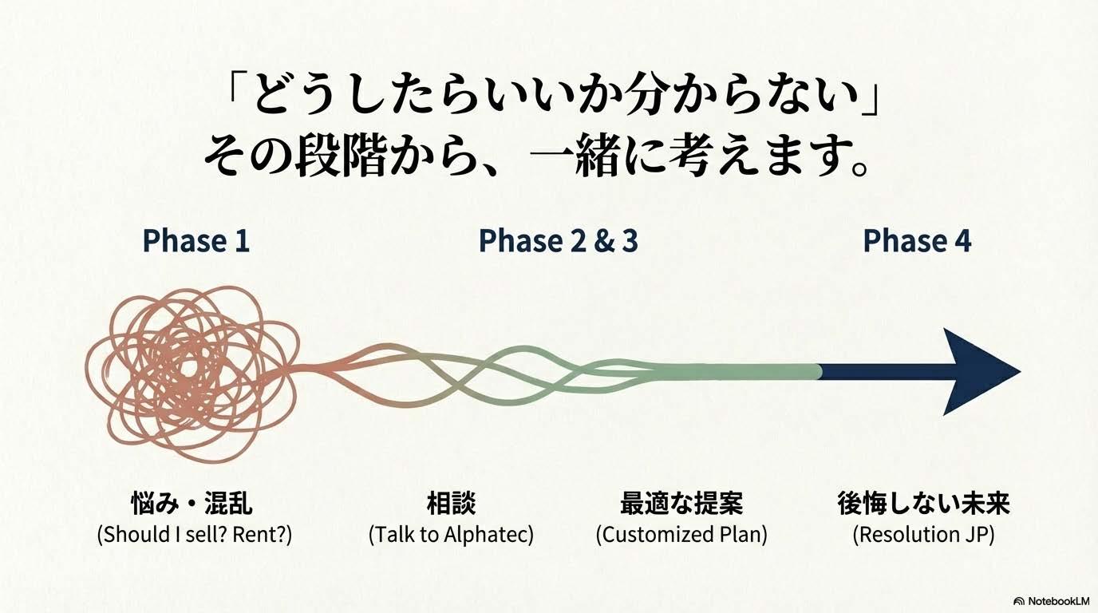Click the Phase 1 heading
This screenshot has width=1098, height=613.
(x=196, y=241)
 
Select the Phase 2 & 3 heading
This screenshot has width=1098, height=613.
(x=559, y=241)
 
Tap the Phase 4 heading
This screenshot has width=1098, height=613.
(x=917, y=241)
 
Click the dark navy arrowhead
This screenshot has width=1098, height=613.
(x=975, y=372)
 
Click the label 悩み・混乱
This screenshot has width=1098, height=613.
(x=192, y=503)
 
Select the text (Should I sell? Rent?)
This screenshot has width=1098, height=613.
(x=195, y=534)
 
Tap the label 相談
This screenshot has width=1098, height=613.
(x=451, y=503)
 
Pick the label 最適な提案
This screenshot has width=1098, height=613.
(x=681, y=503)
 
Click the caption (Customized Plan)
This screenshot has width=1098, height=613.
(x=681, y=534)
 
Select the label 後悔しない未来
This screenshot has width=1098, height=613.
(x=923, y=503)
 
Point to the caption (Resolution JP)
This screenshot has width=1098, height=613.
(x=923, y=534)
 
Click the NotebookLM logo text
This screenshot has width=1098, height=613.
(x=1059, y=601)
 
